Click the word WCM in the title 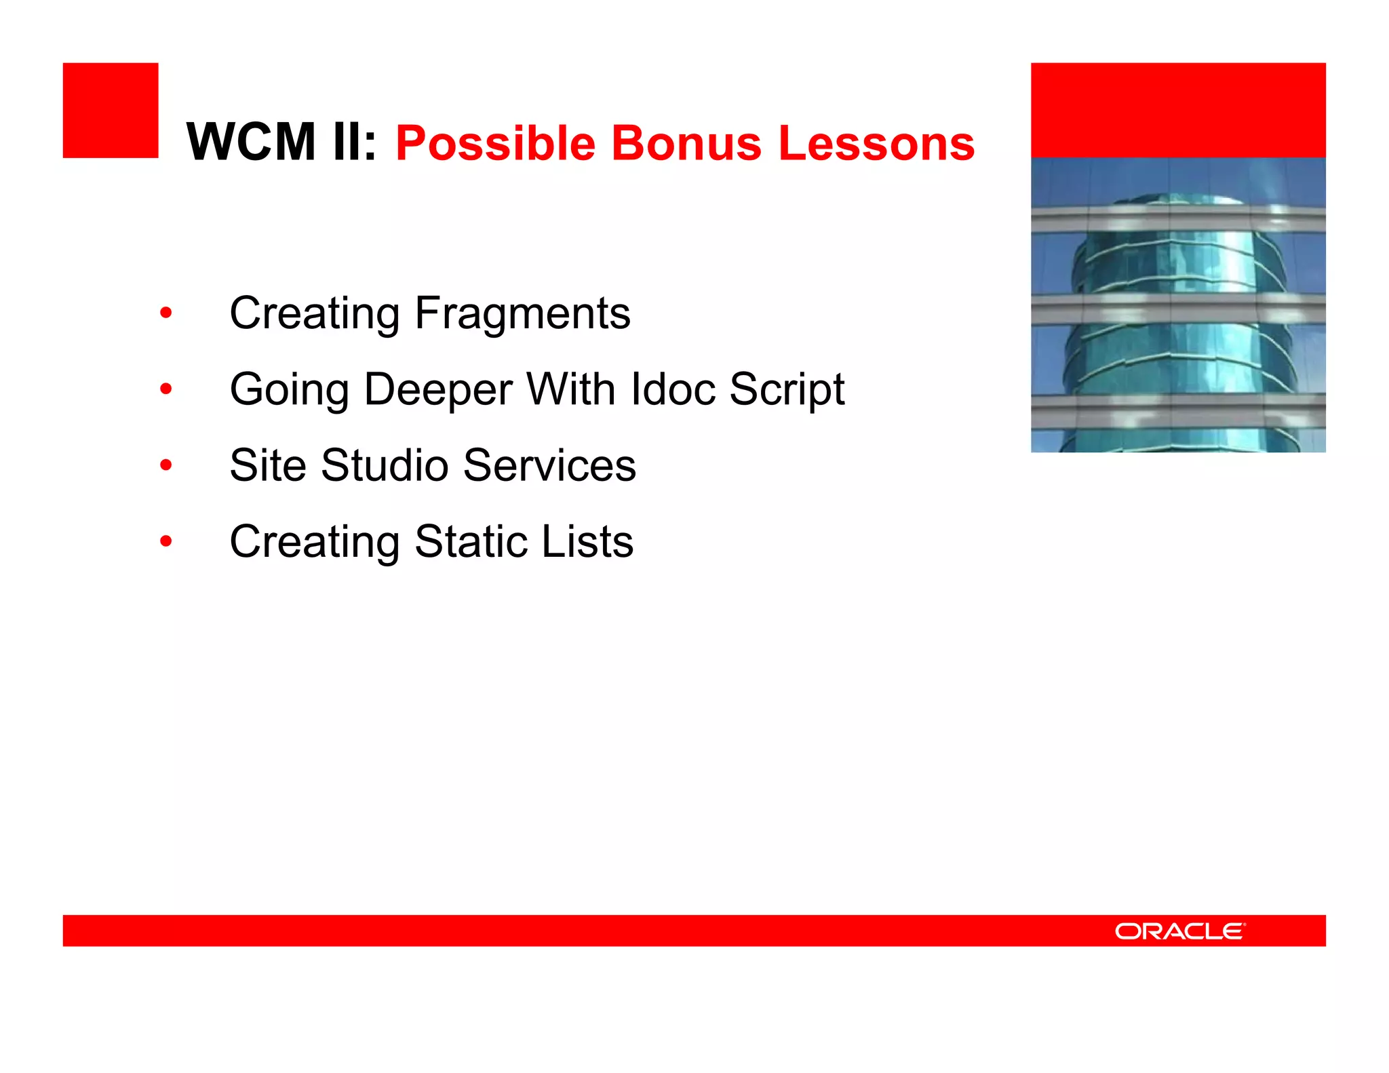(x=251, y=142)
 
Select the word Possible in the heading (x=495, y=144)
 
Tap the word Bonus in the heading (x=686, y=144)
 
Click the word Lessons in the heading (x=876, y=144)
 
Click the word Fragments (x=522, y=314)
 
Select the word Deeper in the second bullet (x=438, y=390)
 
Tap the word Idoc (x=673, y=390)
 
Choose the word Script (x=787, y=390)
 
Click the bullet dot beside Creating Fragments (x=166, y=313)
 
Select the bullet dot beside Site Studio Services (x=166, y=465)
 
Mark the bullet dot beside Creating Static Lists (x=166, y=541)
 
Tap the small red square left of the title (x=111, y=111)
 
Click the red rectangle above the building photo (x=1178, y=111)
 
